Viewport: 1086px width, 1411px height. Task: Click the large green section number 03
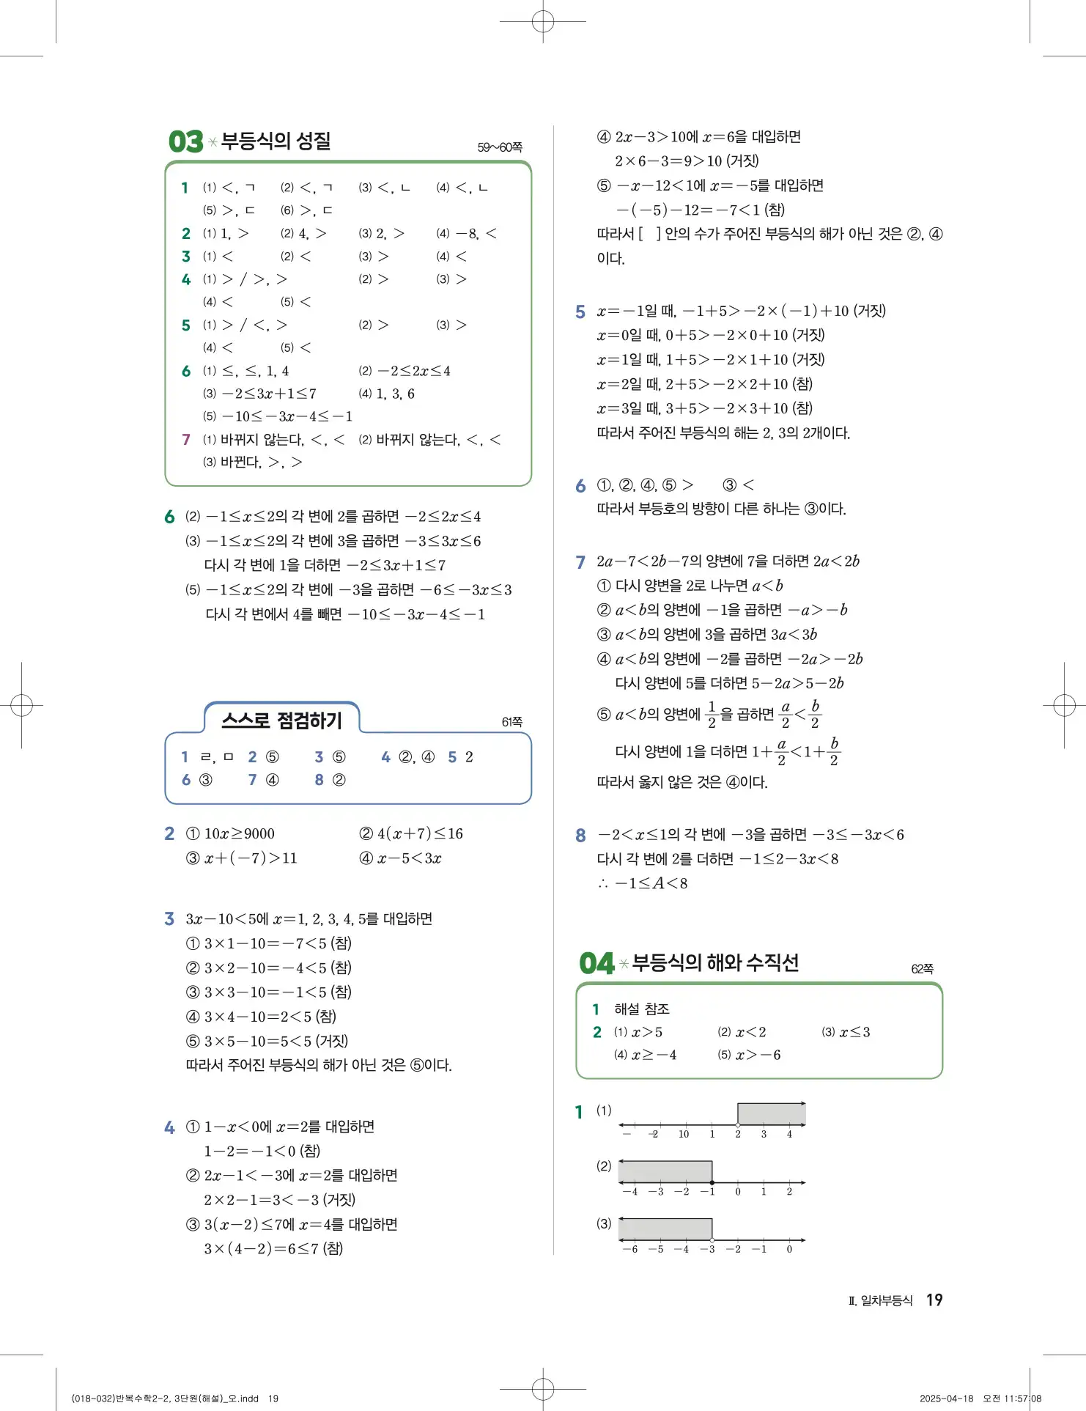(185, 141)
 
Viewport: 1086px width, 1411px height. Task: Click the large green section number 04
(596, 963)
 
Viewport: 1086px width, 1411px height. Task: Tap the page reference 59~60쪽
(500, 147)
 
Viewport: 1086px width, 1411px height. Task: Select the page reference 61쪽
(512, 722)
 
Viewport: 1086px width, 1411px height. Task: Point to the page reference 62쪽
(922, 969)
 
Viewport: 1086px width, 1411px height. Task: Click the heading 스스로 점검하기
(282, 721)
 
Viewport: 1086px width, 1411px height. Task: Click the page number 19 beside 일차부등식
(934, 1300)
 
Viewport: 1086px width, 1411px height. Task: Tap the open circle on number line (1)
(738, 1124)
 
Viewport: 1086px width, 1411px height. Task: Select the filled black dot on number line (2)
(712, 1182)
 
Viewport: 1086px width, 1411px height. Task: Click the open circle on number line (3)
(712, 1239)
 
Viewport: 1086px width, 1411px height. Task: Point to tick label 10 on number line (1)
(683, 1134)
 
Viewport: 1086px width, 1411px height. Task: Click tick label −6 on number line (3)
(629, 1249)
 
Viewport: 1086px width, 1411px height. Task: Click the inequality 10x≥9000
(239, 833)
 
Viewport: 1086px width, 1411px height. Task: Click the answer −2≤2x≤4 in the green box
(414, 371)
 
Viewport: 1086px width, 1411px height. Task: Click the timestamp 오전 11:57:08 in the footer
(1012, 1399)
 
